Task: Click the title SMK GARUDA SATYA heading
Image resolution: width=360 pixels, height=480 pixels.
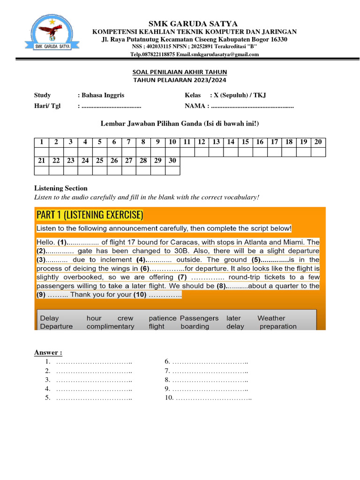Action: pyautogui.click(x=193, y=23)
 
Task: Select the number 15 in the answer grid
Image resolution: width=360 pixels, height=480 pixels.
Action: pyautogui.click(x=245, y=142)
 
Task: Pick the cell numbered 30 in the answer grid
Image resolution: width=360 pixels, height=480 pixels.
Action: pyautogui.click(x=172, y=160)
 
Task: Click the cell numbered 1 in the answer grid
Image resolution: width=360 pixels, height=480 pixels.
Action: pyautogui.click(x=41, y=142)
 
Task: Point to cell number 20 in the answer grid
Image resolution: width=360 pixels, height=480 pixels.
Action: pyautogui.click(x=318, y=142)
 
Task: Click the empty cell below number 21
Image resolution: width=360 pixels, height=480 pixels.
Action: pyautogui.click(x=41, y=170)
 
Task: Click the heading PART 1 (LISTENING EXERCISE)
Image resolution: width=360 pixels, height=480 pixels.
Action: pyautogui.click(x=90, y=215)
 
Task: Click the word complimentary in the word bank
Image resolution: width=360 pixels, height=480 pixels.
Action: pyautogui.click(x=110, y=326)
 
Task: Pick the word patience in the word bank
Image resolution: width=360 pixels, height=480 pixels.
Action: pyautogui.click(x=162, y=318)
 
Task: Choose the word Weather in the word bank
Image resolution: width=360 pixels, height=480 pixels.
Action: pyautogui.click(x=271, y=318)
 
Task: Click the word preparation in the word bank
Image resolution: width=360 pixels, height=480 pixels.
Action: pyautogui.click(x=278, y=326)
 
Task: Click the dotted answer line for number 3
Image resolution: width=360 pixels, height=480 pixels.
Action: pyautogui.click(x=94, y=379)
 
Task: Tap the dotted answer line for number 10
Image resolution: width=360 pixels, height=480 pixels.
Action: pyautogui.click(x=214, y=398)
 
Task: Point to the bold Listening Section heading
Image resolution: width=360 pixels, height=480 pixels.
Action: pyautogui.click(x=60, y=188)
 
